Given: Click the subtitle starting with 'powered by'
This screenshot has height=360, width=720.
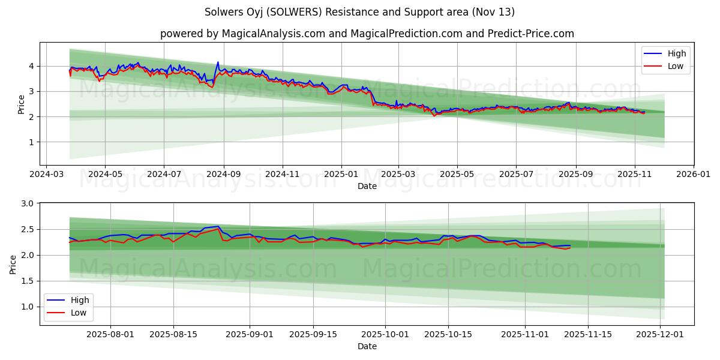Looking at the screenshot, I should (367, 34).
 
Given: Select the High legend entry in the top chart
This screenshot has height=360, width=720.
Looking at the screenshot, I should (677, 53).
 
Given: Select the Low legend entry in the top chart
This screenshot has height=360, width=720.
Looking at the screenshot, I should (676, 66).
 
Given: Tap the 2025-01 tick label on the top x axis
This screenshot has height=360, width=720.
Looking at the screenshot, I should (341, 174).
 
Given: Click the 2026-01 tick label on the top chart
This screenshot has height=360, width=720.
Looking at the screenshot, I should (694, 174).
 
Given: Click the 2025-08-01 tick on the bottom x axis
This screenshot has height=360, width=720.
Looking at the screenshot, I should (111, 334).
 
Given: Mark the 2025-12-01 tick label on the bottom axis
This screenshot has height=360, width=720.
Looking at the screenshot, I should (660, 334).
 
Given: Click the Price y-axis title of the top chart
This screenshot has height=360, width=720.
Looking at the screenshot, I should (22, 104).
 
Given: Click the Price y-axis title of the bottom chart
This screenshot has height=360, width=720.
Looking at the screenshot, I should (13, 264).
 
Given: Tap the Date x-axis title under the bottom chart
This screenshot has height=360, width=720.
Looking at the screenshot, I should (367, 346).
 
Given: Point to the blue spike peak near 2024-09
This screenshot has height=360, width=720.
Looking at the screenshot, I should (218, 62).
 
